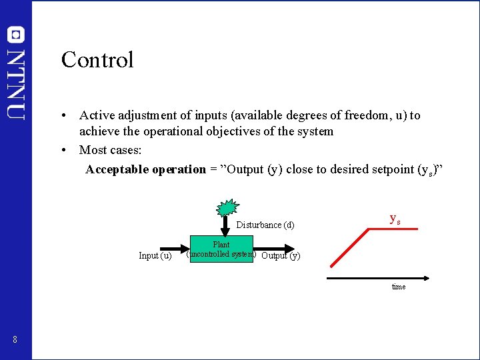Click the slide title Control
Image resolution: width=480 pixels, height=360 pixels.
click(97, 60)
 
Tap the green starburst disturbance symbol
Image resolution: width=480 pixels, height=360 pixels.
click(227, 207)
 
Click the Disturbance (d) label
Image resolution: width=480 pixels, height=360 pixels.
click(265, 225)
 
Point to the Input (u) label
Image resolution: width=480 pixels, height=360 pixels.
click(155, 255)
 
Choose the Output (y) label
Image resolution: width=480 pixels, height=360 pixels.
click(281, 255)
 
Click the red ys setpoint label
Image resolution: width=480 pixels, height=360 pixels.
click(395, 219)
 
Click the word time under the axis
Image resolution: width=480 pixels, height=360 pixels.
click(399, 287)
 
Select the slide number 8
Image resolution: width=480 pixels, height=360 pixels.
click(15, 340)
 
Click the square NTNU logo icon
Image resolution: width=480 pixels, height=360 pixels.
click(16, 35)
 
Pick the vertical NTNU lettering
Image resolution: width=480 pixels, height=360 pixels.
click(16, 83)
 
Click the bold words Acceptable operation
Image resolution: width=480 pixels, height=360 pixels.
click(145, 169)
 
